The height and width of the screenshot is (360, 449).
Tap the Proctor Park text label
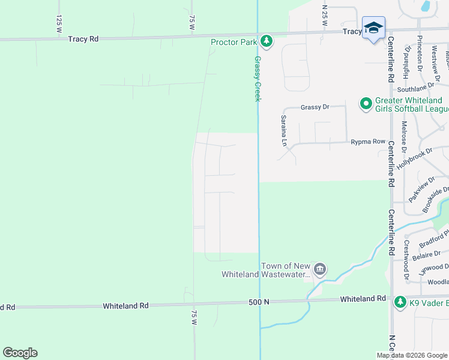click(234, 42)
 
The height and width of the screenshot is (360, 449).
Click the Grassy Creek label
click(258, 79)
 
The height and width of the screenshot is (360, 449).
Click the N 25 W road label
click(324, 15)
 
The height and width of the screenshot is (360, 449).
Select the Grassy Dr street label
click(315, 107)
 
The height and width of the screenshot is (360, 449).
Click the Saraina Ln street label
click(284, 131)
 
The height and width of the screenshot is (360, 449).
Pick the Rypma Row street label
click(367, 142)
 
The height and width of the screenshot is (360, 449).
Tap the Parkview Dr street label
click(421, 190)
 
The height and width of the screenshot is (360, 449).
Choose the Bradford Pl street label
click(435, 240)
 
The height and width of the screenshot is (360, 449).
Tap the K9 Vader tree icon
click(400, 300)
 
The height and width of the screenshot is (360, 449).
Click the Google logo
click(20, 353)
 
